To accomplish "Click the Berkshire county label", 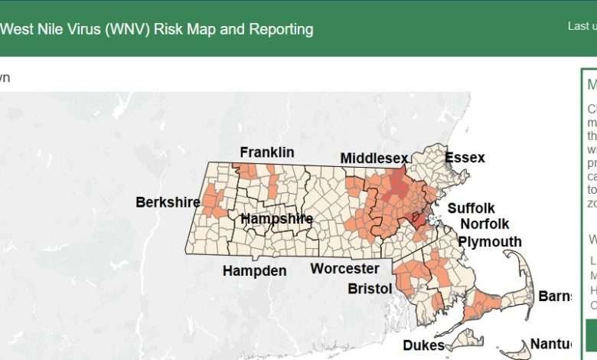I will pos(168,202).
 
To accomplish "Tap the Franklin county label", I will pos(266,152).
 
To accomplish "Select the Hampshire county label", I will pos(276,219).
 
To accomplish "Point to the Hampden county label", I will pos(254,270).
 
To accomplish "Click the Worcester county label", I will pos(344,269).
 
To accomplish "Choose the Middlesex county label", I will pos(374,158).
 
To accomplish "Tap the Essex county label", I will pos(465,158).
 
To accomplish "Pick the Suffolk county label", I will pos(471,208).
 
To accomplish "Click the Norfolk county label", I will pos(484,224).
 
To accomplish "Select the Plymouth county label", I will pos(490,242).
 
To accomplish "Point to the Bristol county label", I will pos(370,289).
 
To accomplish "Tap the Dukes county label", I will pos(423,345).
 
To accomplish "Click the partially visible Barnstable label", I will pos(556,296).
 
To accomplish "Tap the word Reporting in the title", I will pos(275,30).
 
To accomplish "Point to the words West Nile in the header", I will pos(32,30).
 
